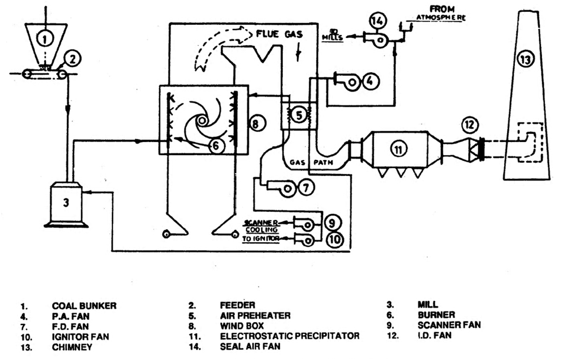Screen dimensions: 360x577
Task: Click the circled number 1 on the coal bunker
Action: [x=43, y=39]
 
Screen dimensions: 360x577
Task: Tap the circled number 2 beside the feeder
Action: [x=72, y=59]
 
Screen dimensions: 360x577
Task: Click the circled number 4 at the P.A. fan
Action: [x=369, y=81]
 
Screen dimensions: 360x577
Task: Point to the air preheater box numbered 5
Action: [x=299, y=115]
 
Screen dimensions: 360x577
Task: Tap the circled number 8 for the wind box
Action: [x=254, y=124]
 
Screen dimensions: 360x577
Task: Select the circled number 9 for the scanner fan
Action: [x=331, y=223]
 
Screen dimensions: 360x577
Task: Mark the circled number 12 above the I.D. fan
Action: [x=469, y=125]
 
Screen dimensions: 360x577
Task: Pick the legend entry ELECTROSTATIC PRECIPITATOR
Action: [x=289, y=336]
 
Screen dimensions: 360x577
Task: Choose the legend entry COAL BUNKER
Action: [x=84, y=306]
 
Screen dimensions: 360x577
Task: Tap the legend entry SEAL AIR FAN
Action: [x=244, y=346]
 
